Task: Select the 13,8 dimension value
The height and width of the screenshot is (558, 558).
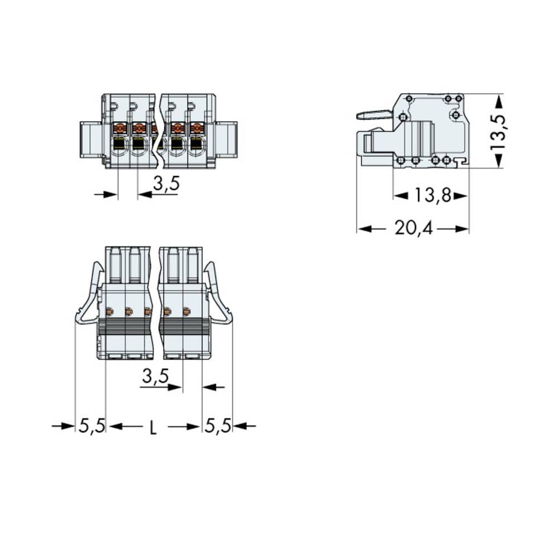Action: tap(431, 196)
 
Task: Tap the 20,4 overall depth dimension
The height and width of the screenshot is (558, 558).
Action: tap(413, 229)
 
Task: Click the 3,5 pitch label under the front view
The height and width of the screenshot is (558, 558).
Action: tap(166, 184)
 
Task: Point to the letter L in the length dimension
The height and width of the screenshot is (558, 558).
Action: tap(153, 427)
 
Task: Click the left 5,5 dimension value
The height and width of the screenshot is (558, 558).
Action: tap(92, 426)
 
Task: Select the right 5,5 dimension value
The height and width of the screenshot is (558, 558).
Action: tap(218, 426)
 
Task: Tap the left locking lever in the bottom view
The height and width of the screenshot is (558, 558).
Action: tap(89, 296)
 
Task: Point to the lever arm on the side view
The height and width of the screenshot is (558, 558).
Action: tap(374, 115)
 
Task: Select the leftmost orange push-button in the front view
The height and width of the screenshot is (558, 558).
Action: tap(119, 128)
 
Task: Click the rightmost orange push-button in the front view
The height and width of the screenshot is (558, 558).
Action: tap(196, 128)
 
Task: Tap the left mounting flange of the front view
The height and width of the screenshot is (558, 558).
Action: tap(90, 139)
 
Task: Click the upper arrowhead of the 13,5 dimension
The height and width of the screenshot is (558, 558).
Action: tap(498, 100)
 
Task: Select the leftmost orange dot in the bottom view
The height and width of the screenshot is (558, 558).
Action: tap(109, 311)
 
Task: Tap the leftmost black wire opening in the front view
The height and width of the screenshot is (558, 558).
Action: tap(119, 146)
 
